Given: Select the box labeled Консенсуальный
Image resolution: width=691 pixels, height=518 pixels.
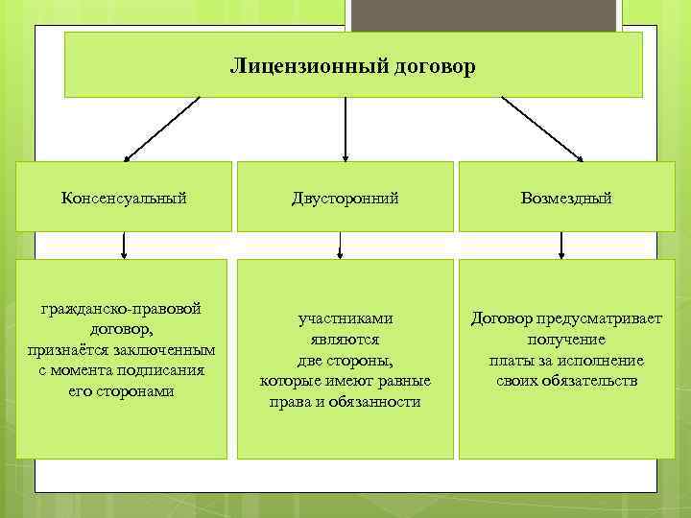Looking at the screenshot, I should (124, 198).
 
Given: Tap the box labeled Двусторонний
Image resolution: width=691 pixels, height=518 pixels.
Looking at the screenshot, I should (345, 198).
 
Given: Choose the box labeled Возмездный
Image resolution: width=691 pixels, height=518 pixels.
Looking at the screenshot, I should (566, 198).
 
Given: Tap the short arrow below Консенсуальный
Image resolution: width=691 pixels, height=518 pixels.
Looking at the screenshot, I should (124, 246).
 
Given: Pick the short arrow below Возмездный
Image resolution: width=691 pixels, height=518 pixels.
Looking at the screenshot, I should (562, 246).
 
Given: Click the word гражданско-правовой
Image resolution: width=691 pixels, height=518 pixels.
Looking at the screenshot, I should (121, 310).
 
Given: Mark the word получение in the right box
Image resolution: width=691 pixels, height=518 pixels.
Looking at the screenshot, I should (566, 340).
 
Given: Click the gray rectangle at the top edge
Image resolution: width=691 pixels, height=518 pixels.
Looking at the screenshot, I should (485, 13).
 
